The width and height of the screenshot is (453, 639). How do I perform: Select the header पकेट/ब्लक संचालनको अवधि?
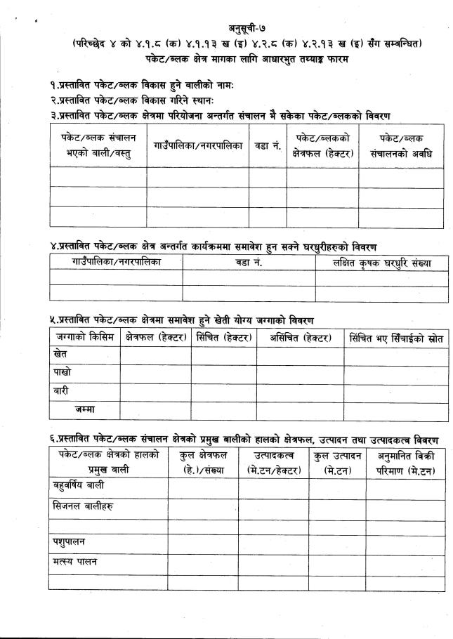click(401, 146)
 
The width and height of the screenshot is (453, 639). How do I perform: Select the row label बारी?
click(63, 390)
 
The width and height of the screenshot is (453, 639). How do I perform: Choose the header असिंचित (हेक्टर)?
click(300, 338)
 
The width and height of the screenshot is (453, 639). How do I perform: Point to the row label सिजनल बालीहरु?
click(84, 506)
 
